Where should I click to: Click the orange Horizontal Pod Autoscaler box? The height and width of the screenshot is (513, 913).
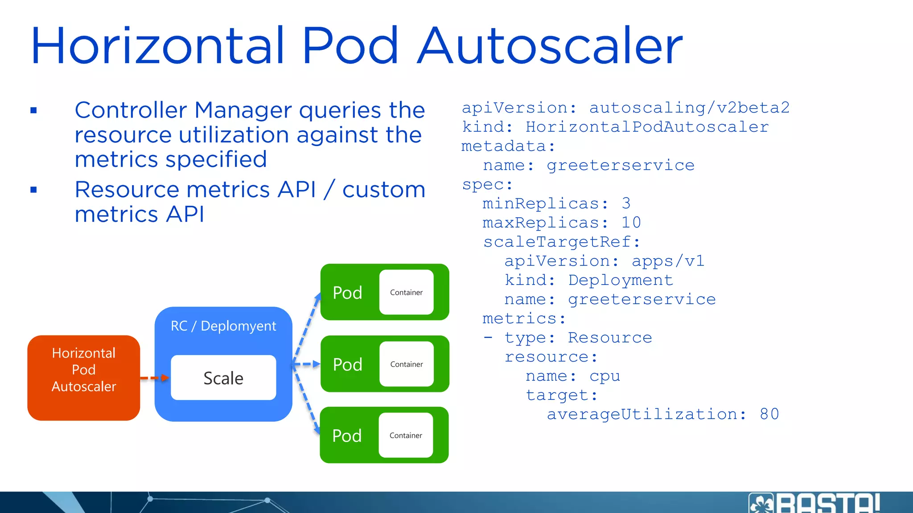83,378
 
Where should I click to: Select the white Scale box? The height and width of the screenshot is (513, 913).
223,378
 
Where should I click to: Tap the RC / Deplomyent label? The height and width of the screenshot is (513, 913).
223,326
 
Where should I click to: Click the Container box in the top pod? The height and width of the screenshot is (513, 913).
406,292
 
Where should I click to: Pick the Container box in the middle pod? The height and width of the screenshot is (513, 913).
406,364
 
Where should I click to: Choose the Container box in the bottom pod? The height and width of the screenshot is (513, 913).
406,435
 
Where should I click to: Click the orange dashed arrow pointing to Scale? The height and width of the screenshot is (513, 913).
154,378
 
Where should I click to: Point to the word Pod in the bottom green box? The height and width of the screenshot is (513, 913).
347,436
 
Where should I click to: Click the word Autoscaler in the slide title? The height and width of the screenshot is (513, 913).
549,46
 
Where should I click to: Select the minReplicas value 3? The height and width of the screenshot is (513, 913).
626,204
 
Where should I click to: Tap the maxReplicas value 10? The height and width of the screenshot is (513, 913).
631,223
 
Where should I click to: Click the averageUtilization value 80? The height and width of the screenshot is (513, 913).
769,414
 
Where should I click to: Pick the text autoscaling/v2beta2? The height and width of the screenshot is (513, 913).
689,108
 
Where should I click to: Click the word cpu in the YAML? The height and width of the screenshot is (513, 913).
605,376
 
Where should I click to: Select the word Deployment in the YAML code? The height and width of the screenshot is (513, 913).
621,280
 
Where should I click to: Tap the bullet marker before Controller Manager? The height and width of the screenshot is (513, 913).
33,110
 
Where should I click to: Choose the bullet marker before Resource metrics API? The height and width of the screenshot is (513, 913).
33,190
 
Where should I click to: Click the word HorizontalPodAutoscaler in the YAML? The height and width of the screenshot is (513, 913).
647,127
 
